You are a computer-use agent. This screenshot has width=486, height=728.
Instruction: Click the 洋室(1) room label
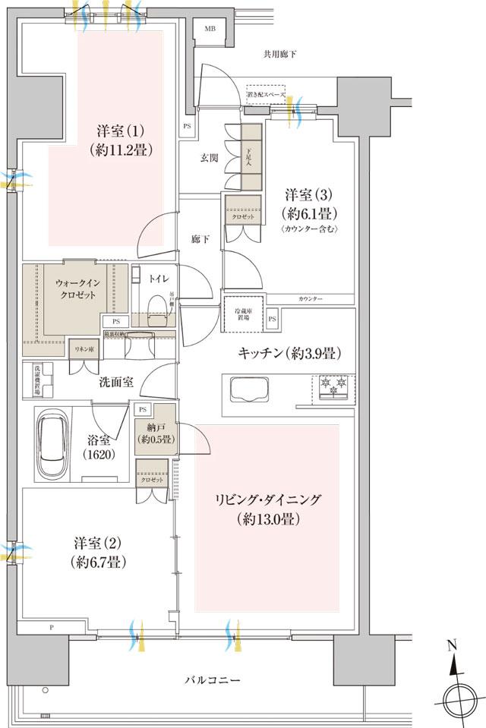click(x=121, y=138)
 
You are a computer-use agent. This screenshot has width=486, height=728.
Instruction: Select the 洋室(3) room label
click(x=311, y=203)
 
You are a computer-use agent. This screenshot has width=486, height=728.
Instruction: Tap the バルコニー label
click(x=214, y=679)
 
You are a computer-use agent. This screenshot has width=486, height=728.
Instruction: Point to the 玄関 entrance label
click(x=210, y=157)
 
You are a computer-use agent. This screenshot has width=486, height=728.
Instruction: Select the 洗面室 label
click(x=116, y=382)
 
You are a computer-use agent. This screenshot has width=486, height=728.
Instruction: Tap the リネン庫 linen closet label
click(x=82, y=348)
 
